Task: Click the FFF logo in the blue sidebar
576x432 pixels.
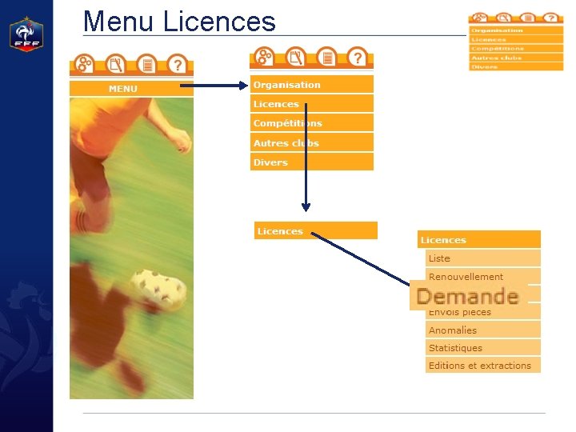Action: tap(26, 34)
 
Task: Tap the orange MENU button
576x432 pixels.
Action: tap(131, 89)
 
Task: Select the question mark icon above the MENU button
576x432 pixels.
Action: tap(177, 64)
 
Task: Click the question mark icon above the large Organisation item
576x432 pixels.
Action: tap(357, 58)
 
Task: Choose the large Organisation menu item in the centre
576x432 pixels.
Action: tap(312, 85)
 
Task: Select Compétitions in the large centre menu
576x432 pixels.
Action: tap(312, 123)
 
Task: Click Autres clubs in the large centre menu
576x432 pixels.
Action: tap(312, 143)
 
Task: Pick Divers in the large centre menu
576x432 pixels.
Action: tap(312, 162)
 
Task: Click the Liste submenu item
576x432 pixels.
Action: tap(482, 258)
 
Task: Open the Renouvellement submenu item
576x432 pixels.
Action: tap(482, 277)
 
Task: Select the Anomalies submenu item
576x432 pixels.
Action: tap(482, 330)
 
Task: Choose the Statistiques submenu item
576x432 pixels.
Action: tap(482, 348)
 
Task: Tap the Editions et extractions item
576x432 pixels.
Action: tap(482, 366)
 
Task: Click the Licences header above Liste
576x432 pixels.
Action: tap(478, 239)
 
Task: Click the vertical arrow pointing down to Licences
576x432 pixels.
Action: tap(306, 156)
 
